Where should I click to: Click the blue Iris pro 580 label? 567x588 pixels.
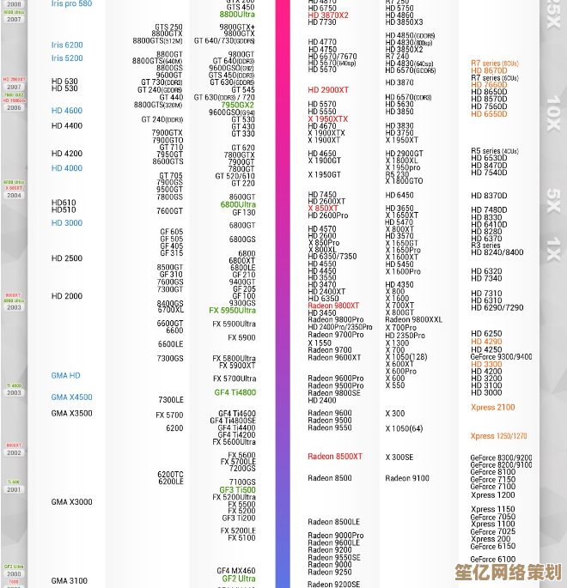[71, 4]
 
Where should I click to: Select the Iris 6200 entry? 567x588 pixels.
[67, 45]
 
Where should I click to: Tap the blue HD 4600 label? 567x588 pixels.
[67, 111]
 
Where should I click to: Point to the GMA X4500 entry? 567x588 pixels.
[71, 397]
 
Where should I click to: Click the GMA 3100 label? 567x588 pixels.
[70, 581]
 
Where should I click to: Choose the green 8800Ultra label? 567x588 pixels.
[237, 15]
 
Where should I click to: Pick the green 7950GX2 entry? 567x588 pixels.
[237, 105]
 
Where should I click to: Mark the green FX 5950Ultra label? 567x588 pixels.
[232, 311]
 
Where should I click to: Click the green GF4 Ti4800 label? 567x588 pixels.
[235, 392]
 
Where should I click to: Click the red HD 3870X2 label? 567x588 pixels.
[328, 15]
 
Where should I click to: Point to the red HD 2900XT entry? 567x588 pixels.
[328, 90]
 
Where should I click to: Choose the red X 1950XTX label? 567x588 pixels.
[328, 119]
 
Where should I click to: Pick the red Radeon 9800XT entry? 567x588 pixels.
[333, 306]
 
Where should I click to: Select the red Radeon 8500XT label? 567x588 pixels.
[335, 457]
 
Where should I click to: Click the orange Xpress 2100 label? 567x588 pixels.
[492, 408]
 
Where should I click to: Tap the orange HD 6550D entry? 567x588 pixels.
[489, 114]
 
